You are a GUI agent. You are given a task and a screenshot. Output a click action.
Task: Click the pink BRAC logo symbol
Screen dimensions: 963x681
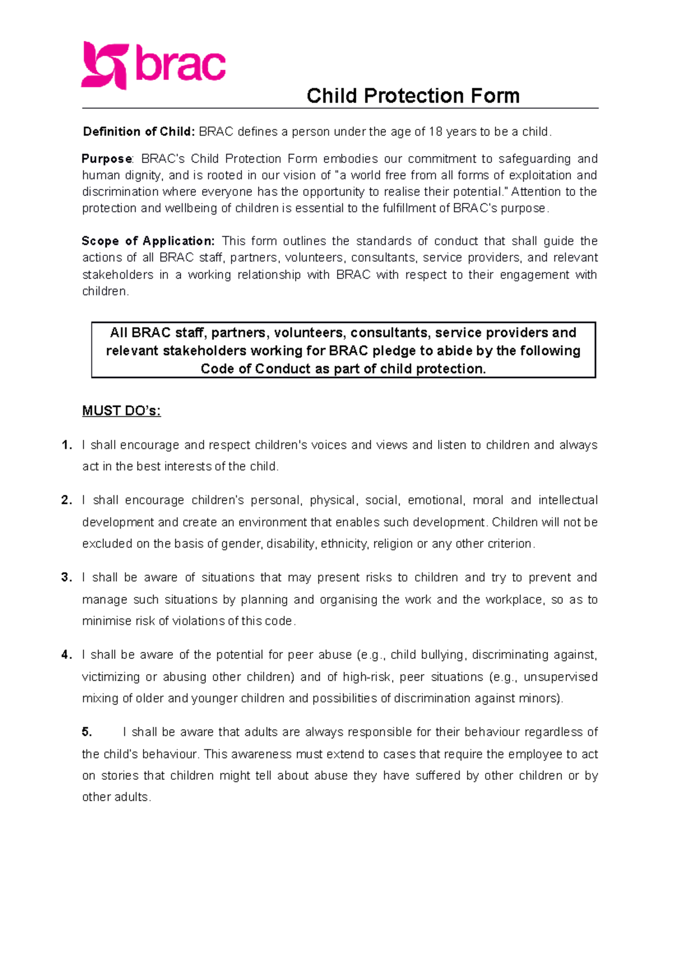pos(104,65)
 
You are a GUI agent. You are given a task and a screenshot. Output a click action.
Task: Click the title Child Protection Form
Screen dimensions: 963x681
pos(413,96)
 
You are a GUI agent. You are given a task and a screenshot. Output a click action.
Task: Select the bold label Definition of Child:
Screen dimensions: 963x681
pos(139,132)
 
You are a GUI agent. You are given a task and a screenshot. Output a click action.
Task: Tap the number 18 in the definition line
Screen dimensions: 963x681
pos(435,132)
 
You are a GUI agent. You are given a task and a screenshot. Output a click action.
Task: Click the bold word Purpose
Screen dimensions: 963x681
pos(107,159)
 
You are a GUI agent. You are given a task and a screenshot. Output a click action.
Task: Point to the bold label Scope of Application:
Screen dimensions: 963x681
pos(148,241)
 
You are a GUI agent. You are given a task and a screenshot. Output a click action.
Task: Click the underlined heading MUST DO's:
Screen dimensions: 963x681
pos(121,411)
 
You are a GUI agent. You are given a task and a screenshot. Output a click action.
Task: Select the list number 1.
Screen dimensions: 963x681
pos(66,445)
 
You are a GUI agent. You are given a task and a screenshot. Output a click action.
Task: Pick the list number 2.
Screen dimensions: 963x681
pos(66,500)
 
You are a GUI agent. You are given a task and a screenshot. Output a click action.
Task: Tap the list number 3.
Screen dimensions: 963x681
pos(66,578)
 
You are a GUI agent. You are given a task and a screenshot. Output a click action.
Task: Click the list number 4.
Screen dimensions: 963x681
pos(66,655)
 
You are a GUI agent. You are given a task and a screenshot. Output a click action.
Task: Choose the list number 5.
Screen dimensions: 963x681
pos(87,732)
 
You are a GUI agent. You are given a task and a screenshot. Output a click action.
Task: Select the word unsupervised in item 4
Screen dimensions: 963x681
pos(560,677)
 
